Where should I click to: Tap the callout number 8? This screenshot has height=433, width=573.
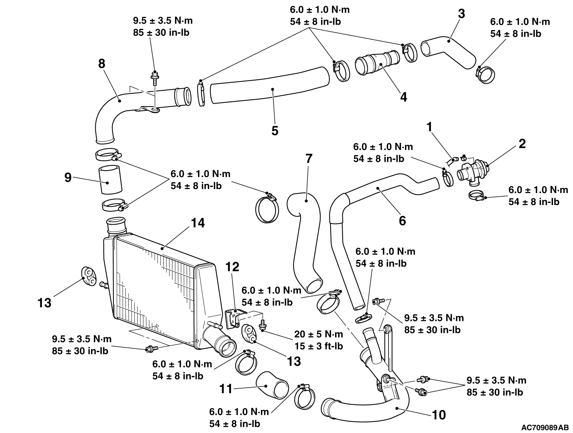pyautogui.click(x=102, y=64)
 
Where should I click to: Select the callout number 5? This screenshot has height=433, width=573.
pyautogui.click(x=275, y=130)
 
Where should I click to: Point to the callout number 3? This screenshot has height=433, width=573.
pyautogui.click(x=461, y=14)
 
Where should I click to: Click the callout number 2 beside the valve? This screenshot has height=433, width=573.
pyautogui.click(x=522, y=144)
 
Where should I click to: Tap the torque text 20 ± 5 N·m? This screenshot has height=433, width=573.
pyautogui.click(x=318, y=334)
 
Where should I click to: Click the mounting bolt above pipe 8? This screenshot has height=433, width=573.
pyautogui.click(x=154, y=76)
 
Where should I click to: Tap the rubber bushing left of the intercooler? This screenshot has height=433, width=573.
pyautogui.click(x=88, y=276)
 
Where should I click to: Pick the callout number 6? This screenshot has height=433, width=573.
pyautogui.click(x=402, y=220)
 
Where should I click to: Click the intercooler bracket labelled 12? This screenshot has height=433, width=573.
pyautogui.click(x=234, y=316)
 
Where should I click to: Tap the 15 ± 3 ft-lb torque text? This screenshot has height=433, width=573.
pyautogui.click(x=318, y=346)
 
